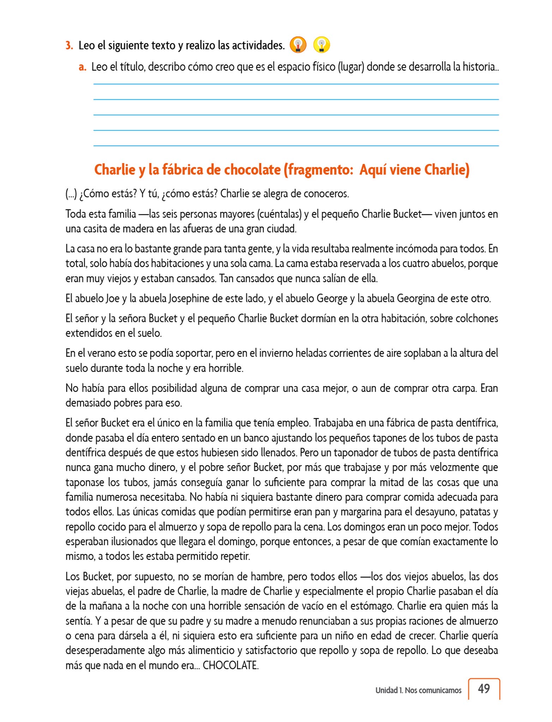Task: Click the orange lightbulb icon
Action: [x=298, y=45]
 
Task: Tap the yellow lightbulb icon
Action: [x=321, y=45]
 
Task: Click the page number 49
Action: [x=484, y=689]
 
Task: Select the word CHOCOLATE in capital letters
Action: [x=230, y=666]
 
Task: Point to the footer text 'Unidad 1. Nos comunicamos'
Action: [x=418, y=690]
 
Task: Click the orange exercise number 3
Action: [x=69, y=45]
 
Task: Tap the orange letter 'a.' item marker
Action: [x=83, y=67]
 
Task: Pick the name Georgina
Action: [x=416, y=299]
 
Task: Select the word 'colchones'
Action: [x=476, y=318]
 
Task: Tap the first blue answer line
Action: [x=296, y=84]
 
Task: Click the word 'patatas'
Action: [x=474, y=512]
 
